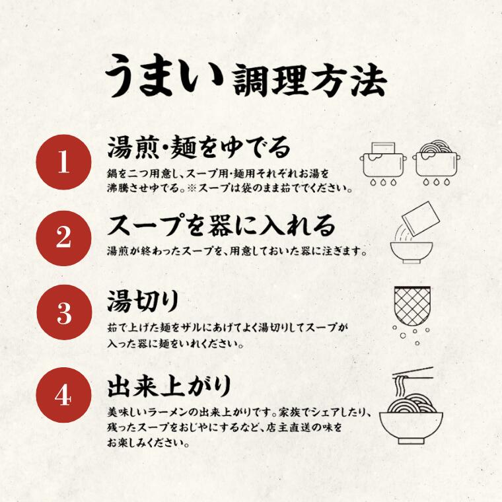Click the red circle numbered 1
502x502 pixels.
(63, 162)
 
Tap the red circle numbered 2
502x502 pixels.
(63, 238)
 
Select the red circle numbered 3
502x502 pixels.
(63, 312)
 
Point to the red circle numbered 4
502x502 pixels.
(63, 396)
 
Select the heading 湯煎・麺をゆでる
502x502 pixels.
(199, 148)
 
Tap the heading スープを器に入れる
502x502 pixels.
(221, 226)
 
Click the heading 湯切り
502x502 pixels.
(143, 301)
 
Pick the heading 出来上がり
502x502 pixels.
(169, 386)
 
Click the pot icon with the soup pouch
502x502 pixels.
(384, 163)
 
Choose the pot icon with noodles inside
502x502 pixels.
(437, 162)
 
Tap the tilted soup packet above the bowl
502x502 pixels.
(421, 219)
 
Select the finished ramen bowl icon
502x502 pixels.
(411, 423)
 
